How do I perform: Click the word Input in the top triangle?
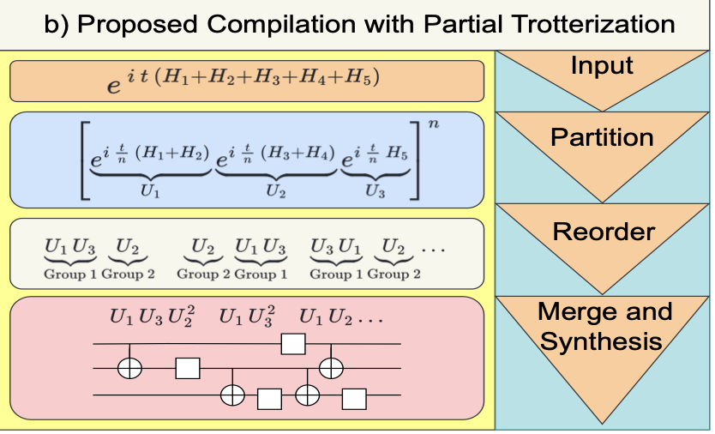[x=603, y=65]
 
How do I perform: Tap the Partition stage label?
[x=602, y=137]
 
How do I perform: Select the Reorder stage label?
[x=604, y=232]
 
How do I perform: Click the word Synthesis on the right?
[x=603, y=341]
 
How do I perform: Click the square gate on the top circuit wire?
[x=293, y=344]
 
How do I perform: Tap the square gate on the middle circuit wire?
[x=188, y=369]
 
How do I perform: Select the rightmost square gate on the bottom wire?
[x=354, y=396]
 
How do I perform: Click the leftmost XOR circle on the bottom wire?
[x=232, y=395]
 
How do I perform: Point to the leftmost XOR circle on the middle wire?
[x=129, y=369]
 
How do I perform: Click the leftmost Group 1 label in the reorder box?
[x=71, y=274]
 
